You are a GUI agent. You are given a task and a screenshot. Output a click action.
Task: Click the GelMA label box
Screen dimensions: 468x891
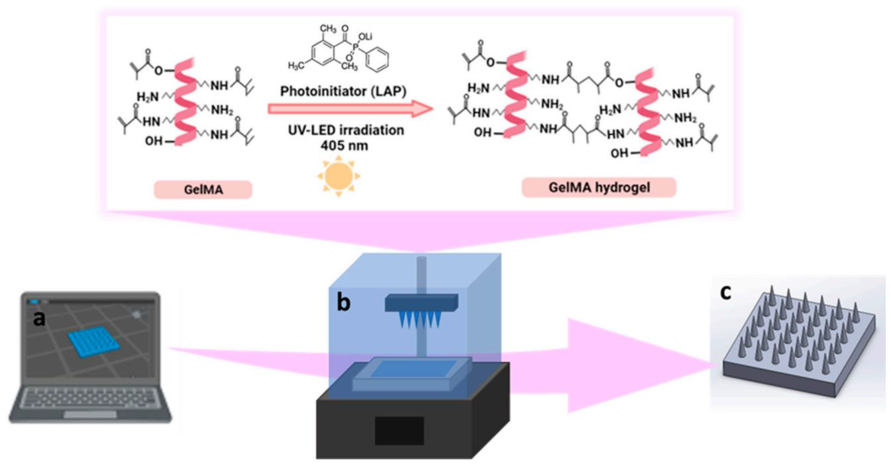click(203, 190)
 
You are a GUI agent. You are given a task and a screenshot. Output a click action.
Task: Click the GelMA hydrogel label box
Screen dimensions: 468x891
click(599, 188)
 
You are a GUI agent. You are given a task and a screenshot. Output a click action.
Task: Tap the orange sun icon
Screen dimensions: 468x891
click(339, 176)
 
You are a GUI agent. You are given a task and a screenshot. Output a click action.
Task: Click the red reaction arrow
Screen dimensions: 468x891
click(349, 109)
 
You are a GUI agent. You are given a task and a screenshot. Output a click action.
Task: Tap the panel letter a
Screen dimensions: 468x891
click(39, 318)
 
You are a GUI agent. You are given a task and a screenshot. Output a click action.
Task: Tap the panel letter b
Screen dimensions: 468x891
click(343, 303)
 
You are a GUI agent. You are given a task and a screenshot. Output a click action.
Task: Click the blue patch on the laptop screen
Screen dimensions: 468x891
click(94, 341)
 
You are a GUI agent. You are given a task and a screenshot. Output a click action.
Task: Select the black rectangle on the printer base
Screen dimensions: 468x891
click(399, 431)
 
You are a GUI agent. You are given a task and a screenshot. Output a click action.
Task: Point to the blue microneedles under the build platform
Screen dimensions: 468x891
click(420, 320)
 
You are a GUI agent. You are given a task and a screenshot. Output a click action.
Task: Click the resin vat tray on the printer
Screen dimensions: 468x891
click(412, 375)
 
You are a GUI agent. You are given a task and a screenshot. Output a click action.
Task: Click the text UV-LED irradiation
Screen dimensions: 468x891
click(346, 130)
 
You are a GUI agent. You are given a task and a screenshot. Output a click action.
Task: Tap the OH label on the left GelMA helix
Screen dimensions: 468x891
click(153, 141)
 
